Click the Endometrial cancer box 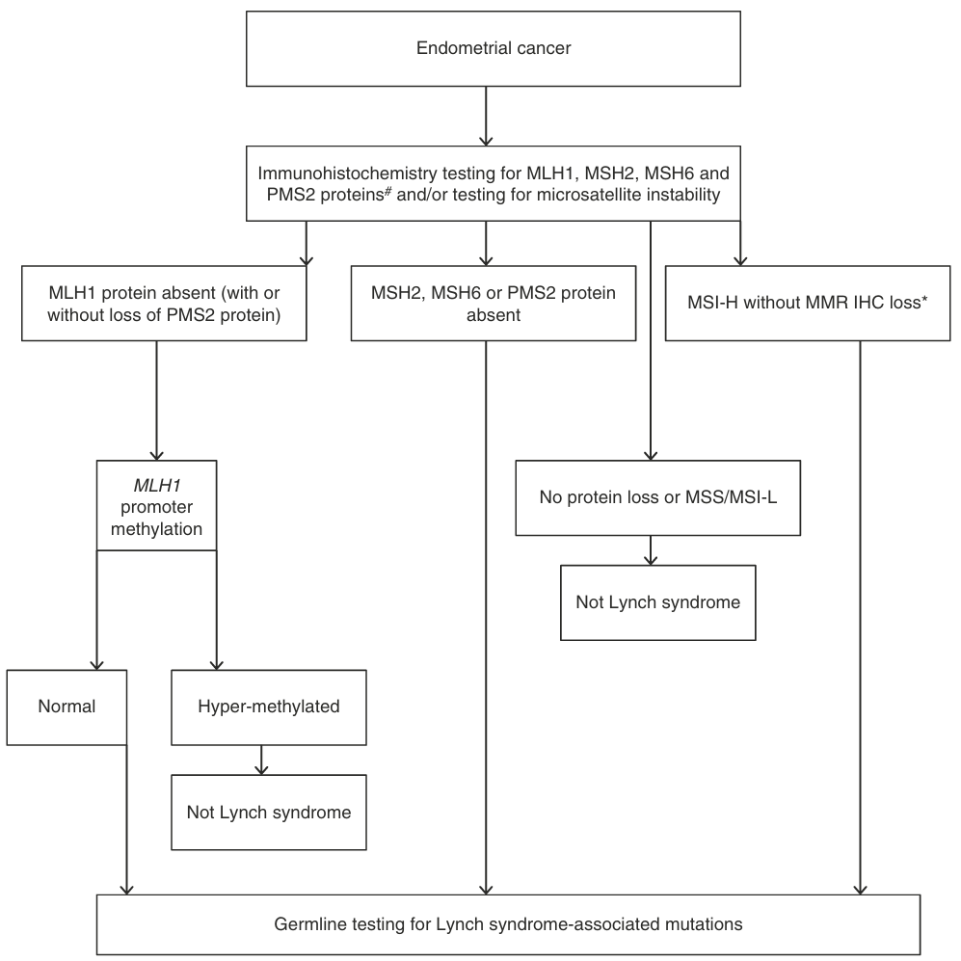(x=494, y=48)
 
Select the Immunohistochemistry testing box (x=494, y=183)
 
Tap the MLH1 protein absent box (x=164, y=304)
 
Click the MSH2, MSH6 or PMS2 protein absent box (x=494, y=304)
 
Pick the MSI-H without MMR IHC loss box (x=808, y=304)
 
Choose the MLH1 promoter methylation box (x=157, y=506)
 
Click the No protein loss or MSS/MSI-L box (x=658, y=497)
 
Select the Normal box (x=67, y=707)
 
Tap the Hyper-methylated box (x=269, y=707)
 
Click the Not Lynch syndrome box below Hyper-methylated (x=269, y=812)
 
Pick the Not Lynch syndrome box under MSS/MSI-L (x=658, y=602)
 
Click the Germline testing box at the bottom (x=508, y=924)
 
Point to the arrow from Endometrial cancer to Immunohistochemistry (x=486, y=116)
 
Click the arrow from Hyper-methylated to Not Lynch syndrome (x=262, y=760)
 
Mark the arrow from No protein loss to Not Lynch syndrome (x=651, y=550)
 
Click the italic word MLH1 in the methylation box (x=157, y=486)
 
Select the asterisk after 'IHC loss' (x=924, y=299)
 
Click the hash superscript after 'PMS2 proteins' (x=387, y=191)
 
